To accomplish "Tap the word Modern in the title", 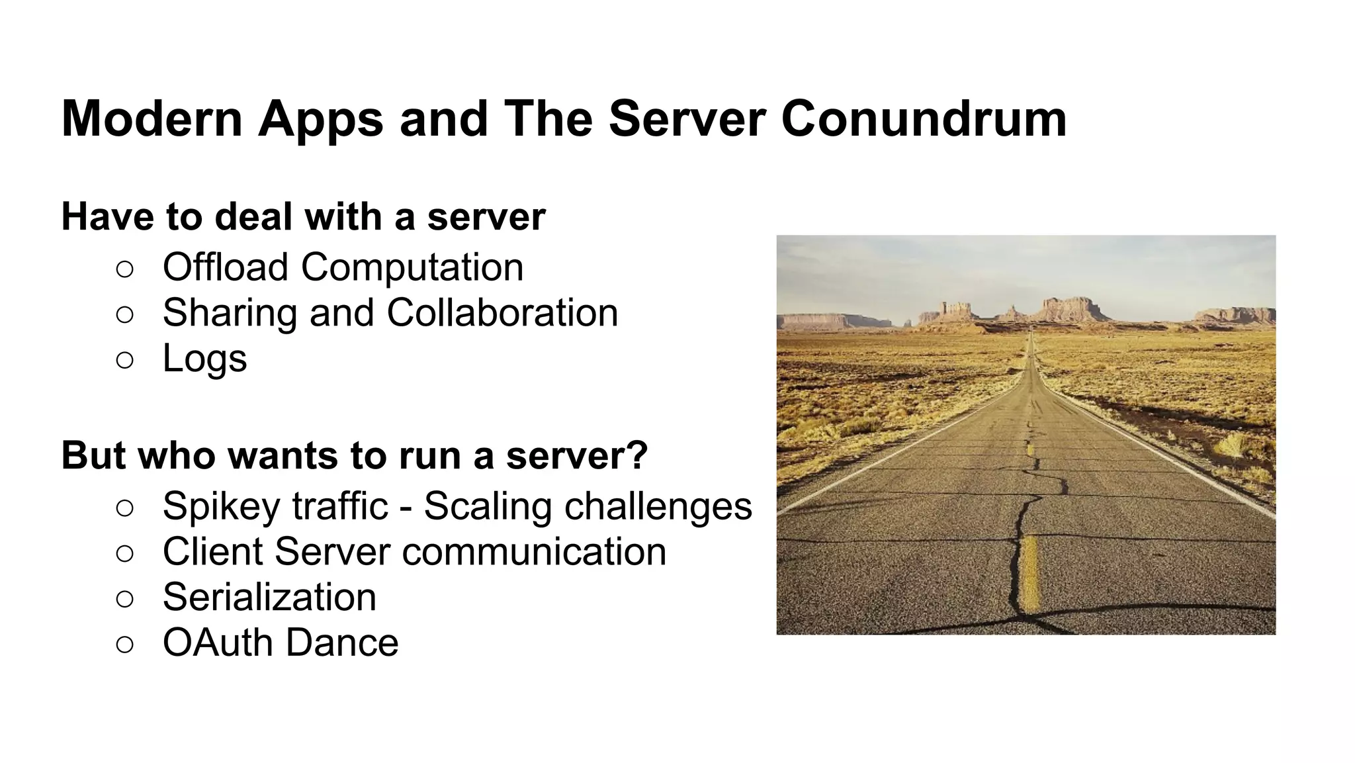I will click(x=152, y=119).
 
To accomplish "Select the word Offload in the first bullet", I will click(x=225, y=267).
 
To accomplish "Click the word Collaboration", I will click(x=502, y=312).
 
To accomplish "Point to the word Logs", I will click(x=204, y=359).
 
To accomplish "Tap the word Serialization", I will click(x=269, y=597).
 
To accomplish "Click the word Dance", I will click(x=342, y=643).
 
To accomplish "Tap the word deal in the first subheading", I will click(x=253, y=216).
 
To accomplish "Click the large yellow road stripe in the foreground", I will click(x=1030, y=573).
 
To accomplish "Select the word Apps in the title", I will click(x=321, y=119).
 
